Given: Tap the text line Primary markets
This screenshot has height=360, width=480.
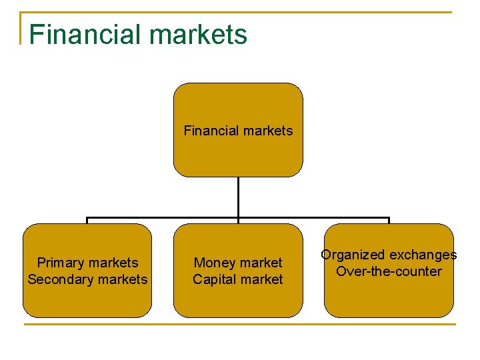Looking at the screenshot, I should tap(87, 263).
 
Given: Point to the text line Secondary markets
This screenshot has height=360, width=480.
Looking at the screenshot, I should tap(87, 279).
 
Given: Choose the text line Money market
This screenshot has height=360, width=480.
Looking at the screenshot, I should tap(238, 263).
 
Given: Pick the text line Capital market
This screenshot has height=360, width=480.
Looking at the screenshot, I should tap(238, 279).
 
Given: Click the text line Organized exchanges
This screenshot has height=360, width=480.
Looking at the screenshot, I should tap(389, 255).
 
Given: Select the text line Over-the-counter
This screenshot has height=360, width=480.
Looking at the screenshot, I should tap(389, 271).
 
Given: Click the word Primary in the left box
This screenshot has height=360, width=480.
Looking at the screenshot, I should tap(61, 263).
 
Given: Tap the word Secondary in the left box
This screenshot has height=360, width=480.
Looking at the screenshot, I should tap(57, 279).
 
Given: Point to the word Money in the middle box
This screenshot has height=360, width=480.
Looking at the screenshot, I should tap(213, 263).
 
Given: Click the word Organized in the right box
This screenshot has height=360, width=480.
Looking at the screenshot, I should tap(353, 255).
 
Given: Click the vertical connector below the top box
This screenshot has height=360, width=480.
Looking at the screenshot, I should tap(238, 197).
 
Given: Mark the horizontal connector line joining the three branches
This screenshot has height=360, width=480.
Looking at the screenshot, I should tap(163, 218).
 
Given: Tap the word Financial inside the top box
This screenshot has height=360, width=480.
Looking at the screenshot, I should tap(209, 131).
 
